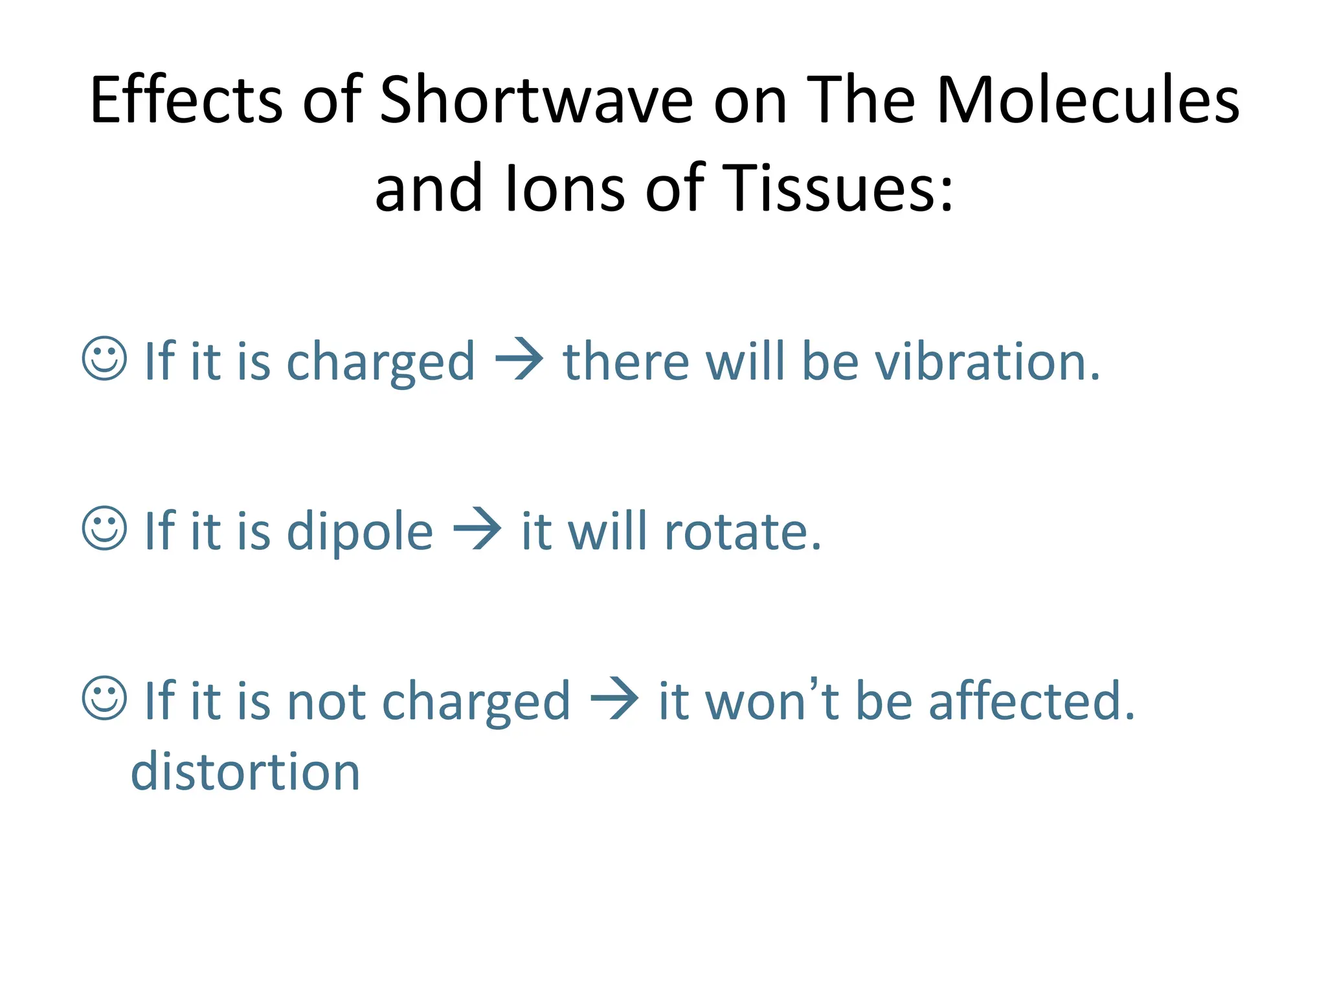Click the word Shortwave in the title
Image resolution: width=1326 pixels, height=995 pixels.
[535, 100]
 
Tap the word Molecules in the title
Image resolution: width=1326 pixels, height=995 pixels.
[1087, 100]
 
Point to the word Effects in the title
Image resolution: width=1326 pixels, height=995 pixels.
[186, 100]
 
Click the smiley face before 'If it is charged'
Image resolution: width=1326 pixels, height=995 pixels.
[104, 358]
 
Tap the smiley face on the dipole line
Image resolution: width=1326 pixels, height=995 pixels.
[104, 529]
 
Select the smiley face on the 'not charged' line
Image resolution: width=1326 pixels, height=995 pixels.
[104, 698]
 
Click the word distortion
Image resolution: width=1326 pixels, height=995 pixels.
[245, 772]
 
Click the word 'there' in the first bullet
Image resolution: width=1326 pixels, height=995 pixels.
[625, 361]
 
